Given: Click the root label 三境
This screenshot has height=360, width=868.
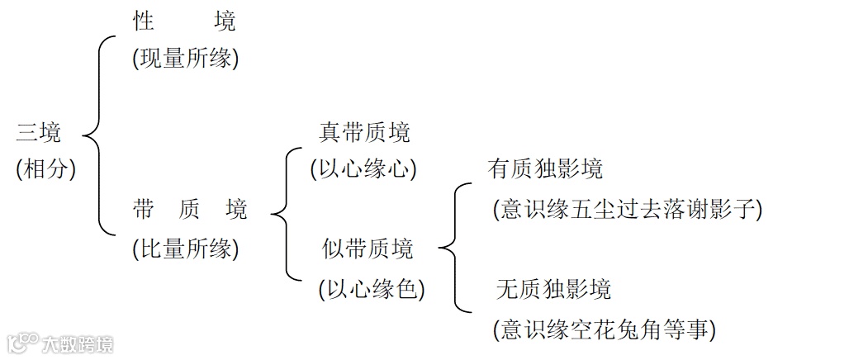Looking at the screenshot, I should point(39,132).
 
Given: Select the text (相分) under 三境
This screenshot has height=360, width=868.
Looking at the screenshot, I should point(45,169).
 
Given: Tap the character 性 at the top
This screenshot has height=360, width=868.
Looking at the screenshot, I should point(145,21).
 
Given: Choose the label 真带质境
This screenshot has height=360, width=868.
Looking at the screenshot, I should point(364,132).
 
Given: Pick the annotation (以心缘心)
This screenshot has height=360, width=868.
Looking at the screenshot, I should point(363,169).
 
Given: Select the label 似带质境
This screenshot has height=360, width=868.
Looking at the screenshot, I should point(368,249).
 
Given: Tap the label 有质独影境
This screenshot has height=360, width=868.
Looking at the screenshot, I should point(545,169).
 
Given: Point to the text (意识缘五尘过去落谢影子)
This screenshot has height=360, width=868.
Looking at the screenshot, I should point(626,209).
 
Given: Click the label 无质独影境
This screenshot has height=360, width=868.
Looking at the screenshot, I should point(553,289).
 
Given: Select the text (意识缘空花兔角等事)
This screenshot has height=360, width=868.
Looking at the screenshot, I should point(604,330).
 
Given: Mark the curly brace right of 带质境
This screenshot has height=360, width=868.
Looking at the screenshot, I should point(286,215).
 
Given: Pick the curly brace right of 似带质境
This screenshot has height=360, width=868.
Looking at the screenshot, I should point(454,248).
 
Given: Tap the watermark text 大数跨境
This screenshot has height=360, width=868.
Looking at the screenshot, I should point(78,343).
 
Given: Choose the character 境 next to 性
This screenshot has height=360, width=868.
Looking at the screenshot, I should point(224,21).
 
